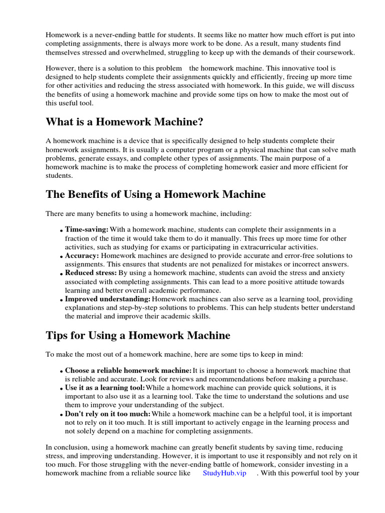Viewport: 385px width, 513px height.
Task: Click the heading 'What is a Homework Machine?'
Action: pyautogui.click(x=124, y=122)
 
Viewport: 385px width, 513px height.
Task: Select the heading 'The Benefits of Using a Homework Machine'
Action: pyautogui.click(x=155, y=194)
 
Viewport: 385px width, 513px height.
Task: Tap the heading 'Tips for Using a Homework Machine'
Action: pyautogui.click(x=138, y=335)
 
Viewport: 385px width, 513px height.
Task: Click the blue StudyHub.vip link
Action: pyautogui.click(x=225, y=473)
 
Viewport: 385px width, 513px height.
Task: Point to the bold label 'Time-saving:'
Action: pyautogui.click(x=87, y=229)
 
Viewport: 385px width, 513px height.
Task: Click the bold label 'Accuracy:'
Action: pyautogui.click(x=82, y=256)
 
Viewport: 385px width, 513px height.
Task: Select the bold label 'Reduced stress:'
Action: pyautogui.click(x=91, y=273)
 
